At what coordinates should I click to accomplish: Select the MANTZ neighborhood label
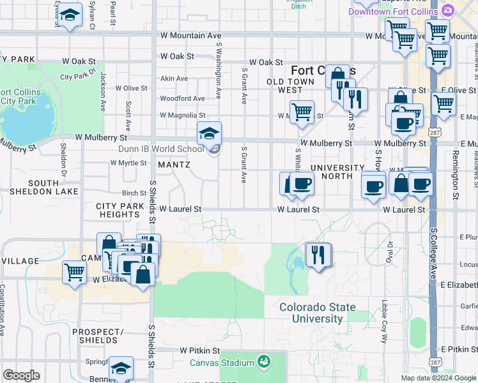[x=174, y=165]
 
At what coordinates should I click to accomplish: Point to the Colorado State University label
[x=318, y=313]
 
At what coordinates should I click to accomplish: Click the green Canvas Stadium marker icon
[x=263, y=363]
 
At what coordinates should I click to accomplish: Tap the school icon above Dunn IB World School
[x=209, y=133]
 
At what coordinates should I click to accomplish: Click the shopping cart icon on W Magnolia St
[x=301, y=112]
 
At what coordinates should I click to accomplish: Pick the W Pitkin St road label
[x=199, y=350]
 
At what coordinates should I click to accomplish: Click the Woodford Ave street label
[x=182, y=98]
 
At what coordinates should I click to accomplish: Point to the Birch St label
[x=134, y=193]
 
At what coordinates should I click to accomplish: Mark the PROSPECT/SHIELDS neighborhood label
[x=98, y=336]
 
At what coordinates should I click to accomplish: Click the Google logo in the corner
[x=21, y=375]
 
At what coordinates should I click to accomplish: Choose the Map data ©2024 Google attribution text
[x=438, y=378]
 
